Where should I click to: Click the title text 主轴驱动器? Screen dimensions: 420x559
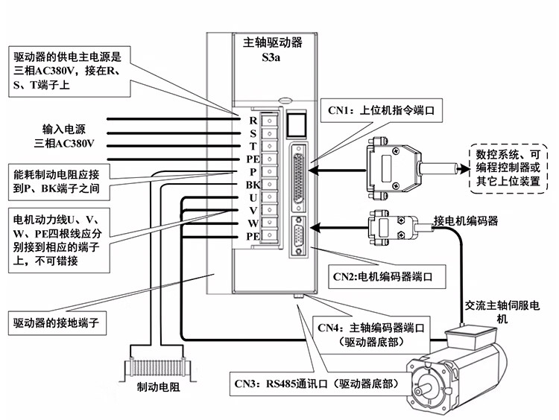point(273,42)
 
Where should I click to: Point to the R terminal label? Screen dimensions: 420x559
point(253,119)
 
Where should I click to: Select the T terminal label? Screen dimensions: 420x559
point(253,145)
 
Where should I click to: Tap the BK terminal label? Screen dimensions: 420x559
point(251,185)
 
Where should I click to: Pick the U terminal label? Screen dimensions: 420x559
point(253,197)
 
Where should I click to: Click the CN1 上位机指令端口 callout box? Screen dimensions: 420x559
point(381,111)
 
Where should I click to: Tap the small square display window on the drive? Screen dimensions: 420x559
point(297,124)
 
